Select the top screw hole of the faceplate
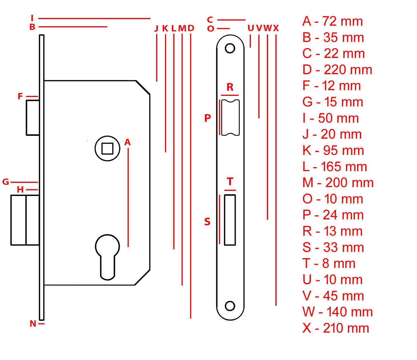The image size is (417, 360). pos(230,48)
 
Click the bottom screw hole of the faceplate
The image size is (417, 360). pos(230,306)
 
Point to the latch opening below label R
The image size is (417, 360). pos(230,117)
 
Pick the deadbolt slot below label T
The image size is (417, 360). pos(230,220)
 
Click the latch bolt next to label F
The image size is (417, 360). pos(33,117)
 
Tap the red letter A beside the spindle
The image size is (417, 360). pos(127,142)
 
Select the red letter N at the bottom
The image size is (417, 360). pos(33,323)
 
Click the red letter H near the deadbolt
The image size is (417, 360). pos(20,189)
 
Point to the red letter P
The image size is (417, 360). pos(208,118)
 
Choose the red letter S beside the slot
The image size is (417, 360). pos(207,222)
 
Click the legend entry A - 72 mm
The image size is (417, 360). pos(332,21)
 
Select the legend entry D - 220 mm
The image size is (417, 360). pos(337,70)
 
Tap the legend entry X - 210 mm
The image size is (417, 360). pos(336,328)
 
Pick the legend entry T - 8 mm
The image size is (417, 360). pos(329,263)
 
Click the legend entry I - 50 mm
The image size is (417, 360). pos(331,118)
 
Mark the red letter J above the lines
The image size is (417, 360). pos(156,28)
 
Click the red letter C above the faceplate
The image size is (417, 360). pos(210,20)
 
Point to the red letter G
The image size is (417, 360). pos(5,182)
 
